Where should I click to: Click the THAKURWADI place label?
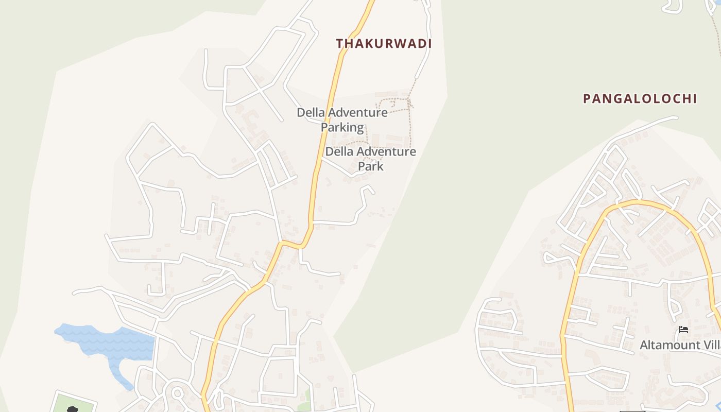click(384, 44)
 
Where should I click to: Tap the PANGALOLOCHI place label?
click(640, 99)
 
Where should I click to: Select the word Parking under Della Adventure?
click(342, 127)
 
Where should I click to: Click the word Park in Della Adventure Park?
click(371, 166)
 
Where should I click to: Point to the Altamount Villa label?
click(679, 345)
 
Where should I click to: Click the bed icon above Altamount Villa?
click(683, 330)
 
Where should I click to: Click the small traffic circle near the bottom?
click(177, 393)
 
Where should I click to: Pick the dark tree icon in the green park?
click(73, 409)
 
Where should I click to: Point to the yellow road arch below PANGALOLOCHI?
click(639, 203)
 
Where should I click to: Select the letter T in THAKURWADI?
click(340, 44)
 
